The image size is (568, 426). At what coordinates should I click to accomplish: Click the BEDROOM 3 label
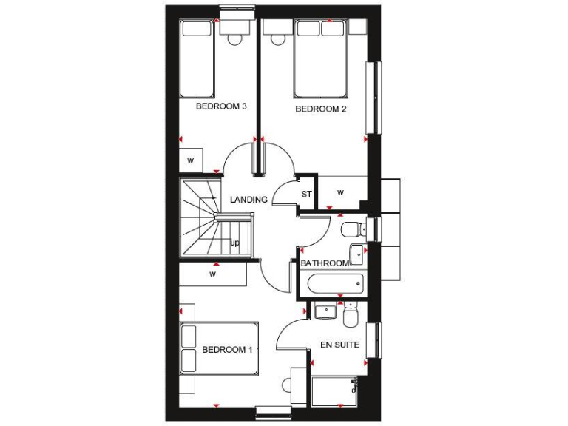pos(220,106)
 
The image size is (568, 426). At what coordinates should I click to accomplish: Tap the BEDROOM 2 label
pos(321,109)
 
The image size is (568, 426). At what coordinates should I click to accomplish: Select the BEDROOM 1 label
pos(227,349)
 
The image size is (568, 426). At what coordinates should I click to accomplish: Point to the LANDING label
pos(248,200)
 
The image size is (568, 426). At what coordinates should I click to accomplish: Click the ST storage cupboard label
pos(306,195)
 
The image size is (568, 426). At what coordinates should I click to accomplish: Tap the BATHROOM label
pos(324,263)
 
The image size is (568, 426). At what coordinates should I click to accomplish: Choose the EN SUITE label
pos(339,345)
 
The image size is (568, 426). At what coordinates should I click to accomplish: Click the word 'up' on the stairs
pos(234,243)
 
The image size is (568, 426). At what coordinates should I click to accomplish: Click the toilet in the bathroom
pos(352,228)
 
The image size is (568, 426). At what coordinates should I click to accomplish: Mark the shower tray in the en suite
pos(334,390)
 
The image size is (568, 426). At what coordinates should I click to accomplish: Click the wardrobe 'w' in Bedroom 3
pos(191,160)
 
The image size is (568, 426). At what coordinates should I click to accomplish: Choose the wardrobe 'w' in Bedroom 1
pos(213,274)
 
